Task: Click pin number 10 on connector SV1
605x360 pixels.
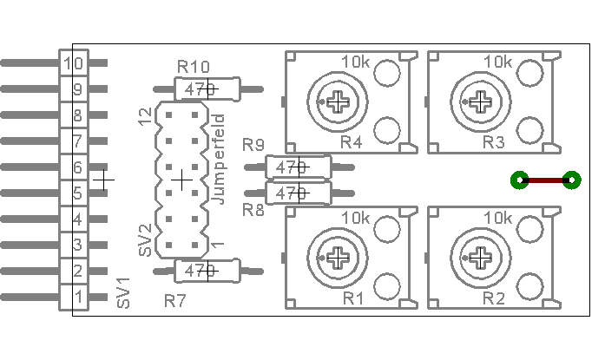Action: pyautogui.click(x=74, y=62)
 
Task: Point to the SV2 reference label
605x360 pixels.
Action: pyautogui.click(x=145, y=239)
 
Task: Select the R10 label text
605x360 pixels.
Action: pyautogui.click(x=193, y=67)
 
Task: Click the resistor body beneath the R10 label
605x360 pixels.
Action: pyautogui.click(x=206, y=88)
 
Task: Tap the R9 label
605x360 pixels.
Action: pyautogui.click(x=254, y=145)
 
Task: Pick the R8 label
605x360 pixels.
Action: pyautogui.click(x=253, y=210)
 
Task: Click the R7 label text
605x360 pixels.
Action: pyautogui.click(x=175, y=301)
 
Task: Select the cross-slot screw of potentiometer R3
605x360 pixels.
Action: pyautogui.click(x=478, y=101)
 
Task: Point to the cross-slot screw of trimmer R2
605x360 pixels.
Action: pyautogui.click(x=478, y=256)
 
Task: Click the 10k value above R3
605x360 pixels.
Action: pyautogui.click(x=496, y=62)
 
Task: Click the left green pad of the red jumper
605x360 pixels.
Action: pyautogui.click(x=518, y=180)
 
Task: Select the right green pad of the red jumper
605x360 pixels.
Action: pyautogui.click(x=571, y=180)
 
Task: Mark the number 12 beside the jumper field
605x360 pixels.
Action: pyautogui.click(x=145, y=117)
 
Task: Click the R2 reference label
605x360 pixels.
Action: pyautogui.click(x=493, y=298)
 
